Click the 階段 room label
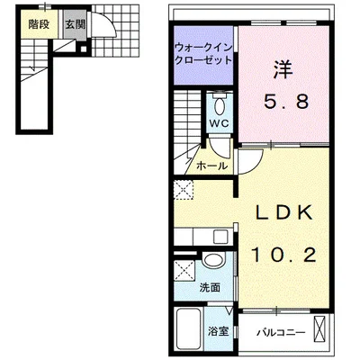(x=39, y=24)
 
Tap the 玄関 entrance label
(x=76, y=24)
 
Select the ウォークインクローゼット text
(x=203, y=54)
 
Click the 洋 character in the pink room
(x=283, y=70)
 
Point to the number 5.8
(x=286, y=102)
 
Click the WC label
(x=220, y=123)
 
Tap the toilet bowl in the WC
(x=220, y=106)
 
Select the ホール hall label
(x=211, y=166)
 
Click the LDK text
(x=283, y=212)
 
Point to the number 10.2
(x=283, y=256)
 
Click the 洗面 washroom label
(x=210, y=288)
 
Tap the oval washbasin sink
(x=213, y=260)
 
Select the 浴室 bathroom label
(x=219, y=331)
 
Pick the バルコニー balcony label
(x=281, y=332)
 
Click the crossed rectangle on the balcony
(x=319, y=329)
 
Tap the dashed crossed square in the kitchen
(x=184, y=190)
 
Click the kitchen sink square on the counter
(x=220, y=238)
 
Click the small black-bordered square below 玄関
(x=84, y=49)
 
